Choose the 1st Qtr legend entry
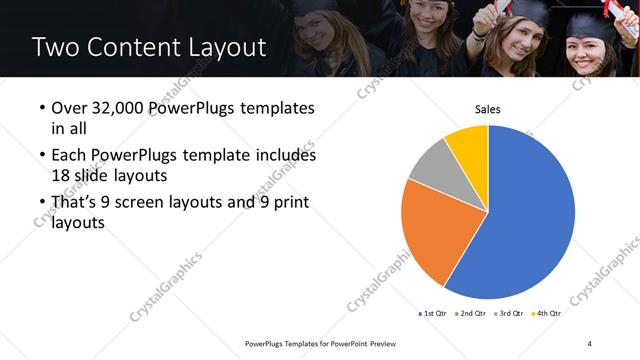coord(432,313)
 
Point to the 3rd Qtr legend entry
coord(507,313)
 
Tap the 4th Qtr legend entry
coord(545,313)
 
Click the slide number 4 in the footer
coord(590,344)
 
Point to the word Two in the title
coord(54,47)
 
